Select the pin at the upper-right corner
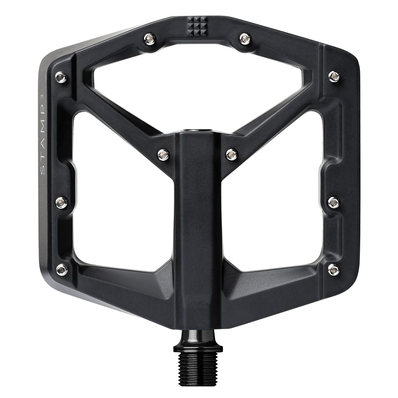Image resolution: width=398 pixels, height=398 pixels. click(333, 75)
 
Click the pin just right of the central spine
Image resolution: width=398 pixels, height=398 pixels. click(231, 154)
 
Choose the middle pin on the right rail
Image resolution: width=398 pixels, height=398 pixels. click(333, 202)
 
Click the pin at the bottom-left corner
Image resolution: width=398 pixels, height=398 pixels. click(61, 268)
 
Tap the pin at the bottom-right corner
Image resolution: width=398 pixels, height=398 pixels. click(333, 269)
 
